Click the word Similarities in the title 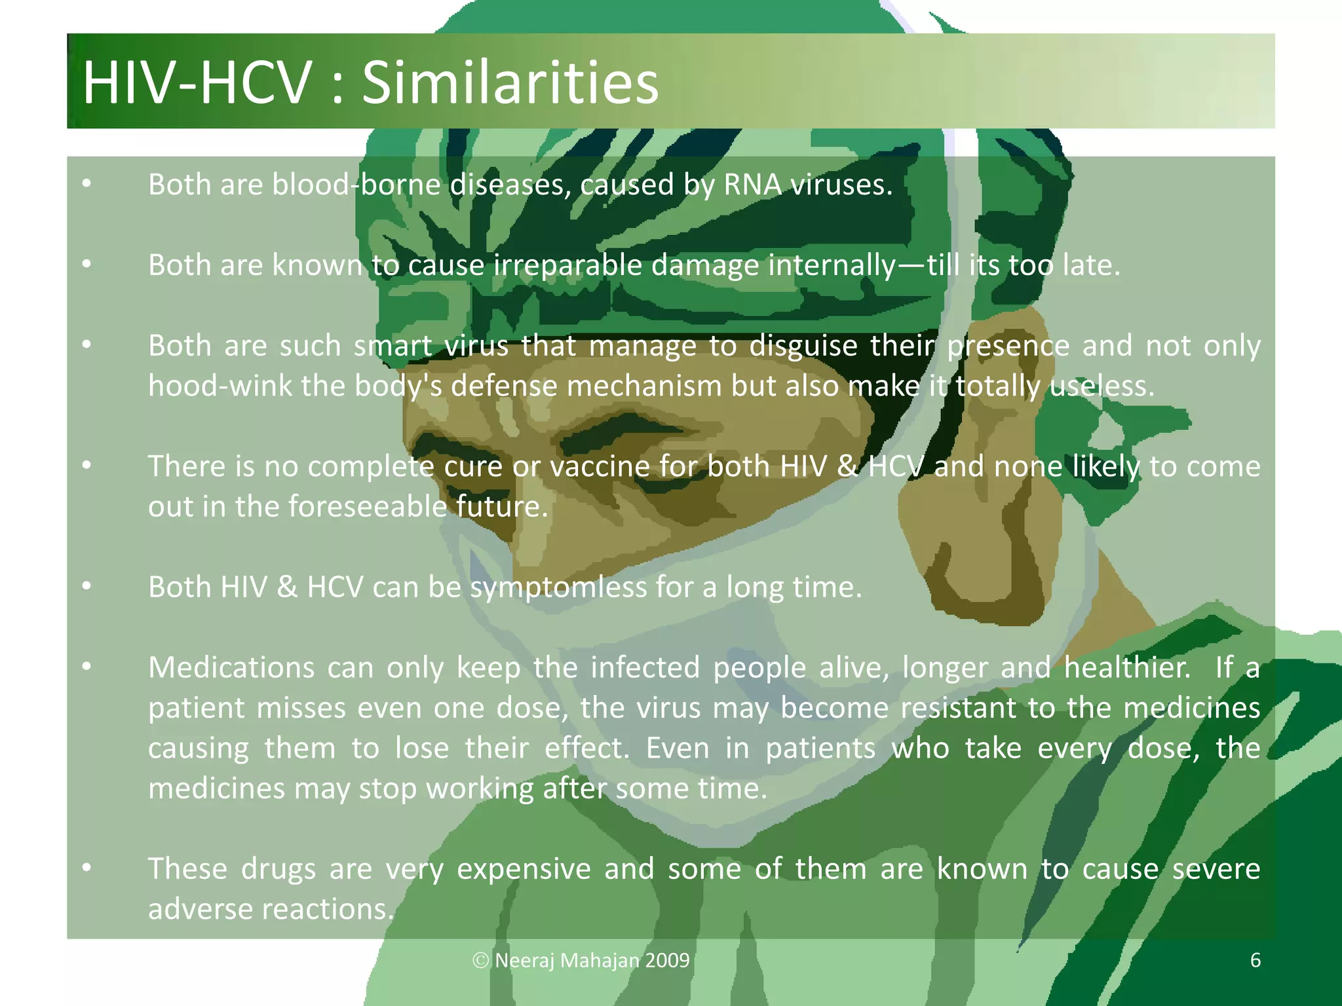(510, 83)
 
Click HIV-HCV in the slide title (197, 83)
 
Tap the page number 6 (1256, 960)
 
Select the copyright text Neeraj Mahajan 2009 (582, 960)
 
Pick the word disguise (803, 346)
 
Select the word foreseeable (367, 507)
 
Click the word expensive (524, 869)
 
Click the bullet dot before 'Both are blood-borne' (86, 184)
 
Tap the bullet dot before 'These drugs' (86, 868)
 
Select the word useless (1101, 386)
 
